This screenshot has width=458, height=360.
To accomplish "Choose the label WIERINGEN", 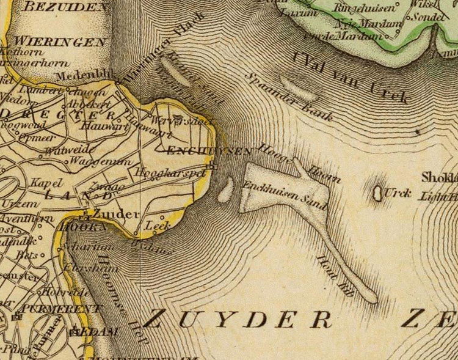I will [60, 42].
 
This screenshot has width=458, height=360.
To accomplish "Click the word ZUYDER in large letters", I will [238, 318].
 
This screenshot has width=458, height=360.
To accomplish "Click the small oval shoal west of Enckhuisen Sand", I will [225, 189].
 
